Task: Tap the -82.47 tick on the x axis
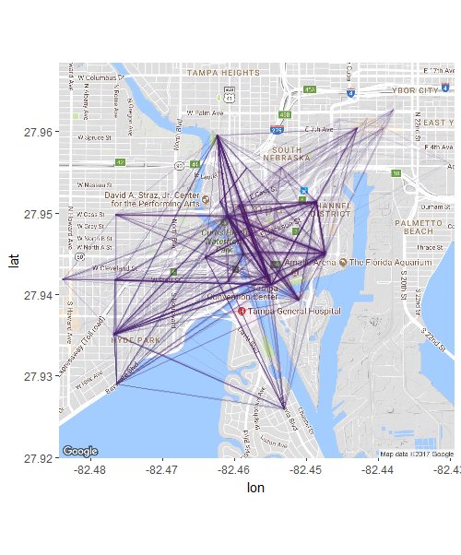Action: coord(162,470)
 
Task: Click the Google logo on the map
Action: coord(80,451)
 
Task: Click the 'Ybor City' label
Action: coord(416,91)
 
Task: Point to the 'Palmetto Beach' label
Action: coord(420,227)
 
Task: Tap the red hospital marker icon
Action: coord(242,312)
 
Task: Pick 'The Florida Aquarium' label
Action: coord(390,263)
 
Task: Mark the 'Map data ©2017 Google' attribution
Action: coord(417,454)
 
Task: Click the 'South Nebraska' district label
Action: coord(287,153)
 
